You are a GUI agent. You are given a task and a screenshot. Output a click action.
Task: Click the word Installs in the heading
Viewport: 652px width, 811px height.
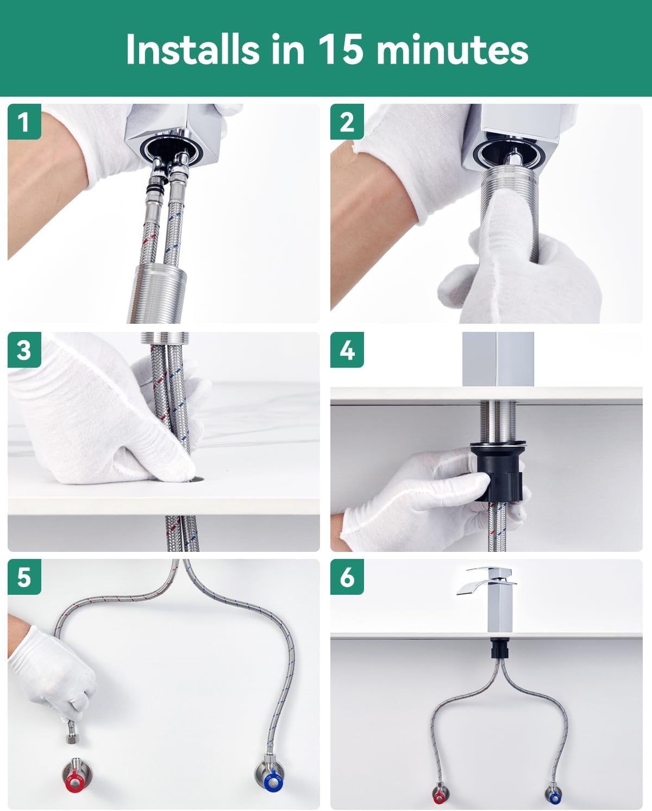point(193,49)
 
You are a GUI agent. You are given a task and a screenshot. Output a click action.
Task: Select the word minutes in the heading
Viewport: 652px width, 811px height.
point(453,50)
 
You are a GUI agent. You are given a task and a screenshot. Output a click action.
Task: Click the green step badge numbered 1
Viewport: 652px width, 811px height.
point(24,122)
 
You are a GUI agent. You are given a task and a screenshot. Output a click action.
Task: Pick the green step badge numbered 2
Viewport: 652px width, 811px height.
point(347,122)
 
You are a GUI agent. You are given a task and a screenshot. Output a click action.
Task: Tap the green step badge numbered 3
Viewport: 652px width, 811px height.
point(24,350)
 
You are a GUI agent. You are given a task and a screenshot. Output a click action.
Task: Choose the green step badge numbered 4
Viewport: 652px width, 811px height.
point(347,350)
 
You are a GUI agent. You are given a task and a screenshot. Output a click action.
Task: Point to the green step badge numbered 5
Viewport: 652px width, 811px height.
point(24,577)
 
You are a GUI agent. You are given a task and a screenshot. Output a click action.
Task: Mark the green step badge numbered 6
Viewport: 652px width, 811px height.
point(347,577)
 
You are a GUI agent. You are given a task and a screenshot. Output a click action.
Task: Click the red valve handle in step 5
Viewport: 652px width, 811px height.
point(75,781)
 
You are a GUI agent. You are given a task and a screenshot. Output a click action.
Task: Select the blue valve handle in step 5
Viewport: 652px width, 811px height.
point(273,781)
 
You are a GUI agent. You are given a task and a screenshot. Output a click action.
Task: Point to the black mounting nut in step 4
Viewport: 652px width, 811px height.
point(499,471)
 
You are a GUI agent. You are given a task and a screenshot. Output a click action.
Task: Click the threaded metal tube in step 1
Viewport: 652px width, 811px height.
point(156,294)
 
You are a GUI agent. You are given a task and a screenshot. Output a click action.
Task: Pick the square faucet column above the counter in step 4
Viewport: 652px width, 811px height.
point(498,359)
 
